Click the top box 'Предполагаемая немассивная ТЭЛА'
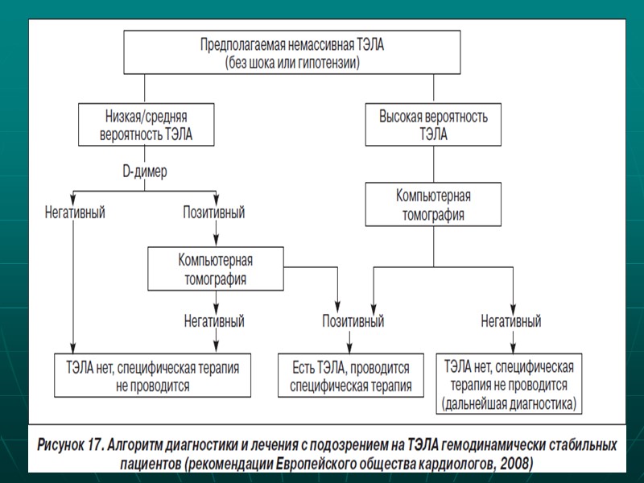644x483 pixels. tap(292, 53)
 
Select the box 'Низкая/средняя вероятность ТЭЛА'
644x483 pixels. tap(147, 124)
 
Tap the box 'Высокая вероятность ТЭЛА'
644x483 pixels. tap(433, 124)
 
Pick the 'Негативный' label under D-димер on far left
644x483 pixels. tap(75, 213)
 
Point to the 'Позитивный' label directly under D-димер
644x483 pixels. tap(215, 213)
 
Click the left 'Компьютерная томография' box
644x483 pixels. tap(216, 269)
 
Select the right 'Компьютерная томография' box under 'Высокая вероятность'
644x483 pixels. tap(433, 204)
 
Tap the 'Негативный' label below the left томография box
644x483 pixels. tap(215, 320)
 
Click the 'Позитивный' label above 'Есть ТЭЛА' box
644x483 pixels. tap(353, 320)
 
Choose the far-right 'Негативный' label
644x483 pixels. tap(511, 320)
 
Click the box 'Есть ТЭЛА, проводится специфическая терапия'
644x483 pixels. tap(350, 376)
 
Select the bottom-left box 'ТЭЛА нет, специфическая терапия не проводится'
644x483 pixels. tap(152, 376)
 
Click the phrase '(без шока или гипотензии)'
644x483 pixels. tap(292, 62)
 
